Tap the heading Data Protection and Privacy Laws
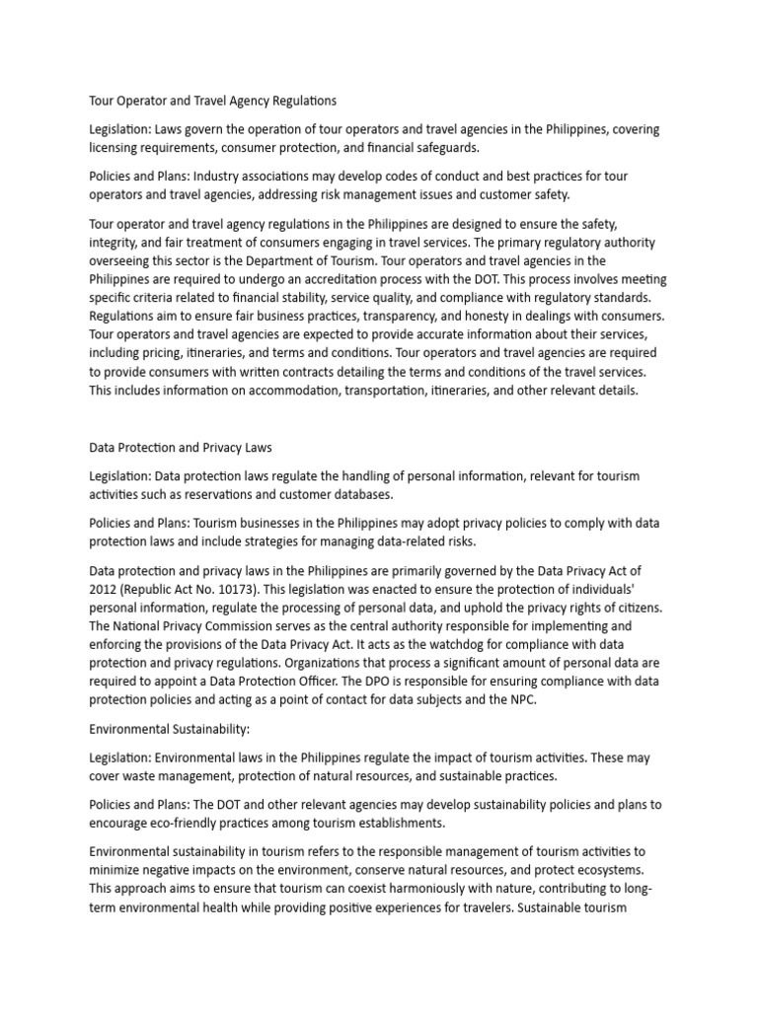click(181, 448)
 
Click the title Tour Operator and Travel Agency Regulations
click(212, 101)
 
